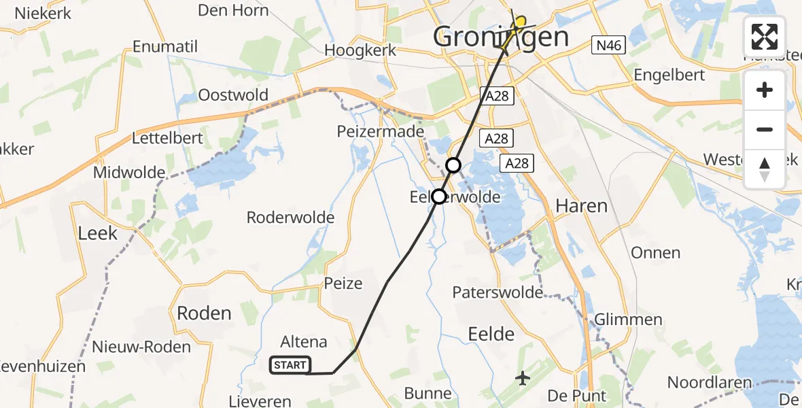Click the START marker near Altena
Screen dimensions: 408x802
(290, 365)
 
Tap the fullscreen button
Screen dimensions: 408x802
(765, 37)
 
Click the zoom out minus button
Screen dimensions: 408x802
(765, 129)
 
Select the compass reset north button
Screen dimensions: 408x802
(765, 169)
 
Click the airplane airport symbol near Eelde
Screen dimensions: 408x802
(523, 377)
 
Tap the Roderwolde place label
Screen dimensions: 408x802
(290, 218)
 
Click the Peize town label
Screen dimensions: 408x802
(343, 283)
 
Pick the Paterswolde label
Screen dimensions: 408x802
(498, 292)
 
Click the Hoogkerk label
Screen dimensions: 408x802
(358, 50)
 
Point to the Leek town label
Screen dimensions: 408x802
(98, 233)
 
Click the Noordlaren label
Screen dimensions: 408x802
(710, 382)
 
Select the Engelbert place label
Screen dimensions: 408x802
(669, 75)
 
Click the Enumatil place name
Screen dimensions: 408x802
(165, 47)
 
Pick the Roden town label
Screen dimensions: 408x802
(204, 313)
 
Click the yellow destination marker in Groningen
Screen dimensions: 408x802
(520, 24)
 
